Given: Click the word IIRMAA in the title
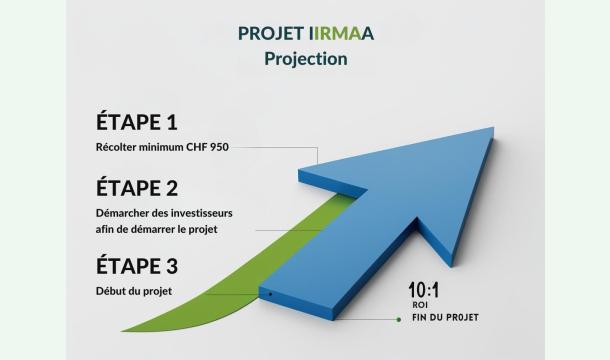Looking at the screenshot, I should coord(335,33).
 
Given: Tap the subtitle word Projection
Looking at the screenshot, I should coord(305,58).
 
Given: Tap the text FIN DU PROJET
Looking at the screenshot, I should coord(445,318).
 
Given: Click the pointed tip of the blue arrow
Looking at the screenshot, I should coord(493,131).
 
